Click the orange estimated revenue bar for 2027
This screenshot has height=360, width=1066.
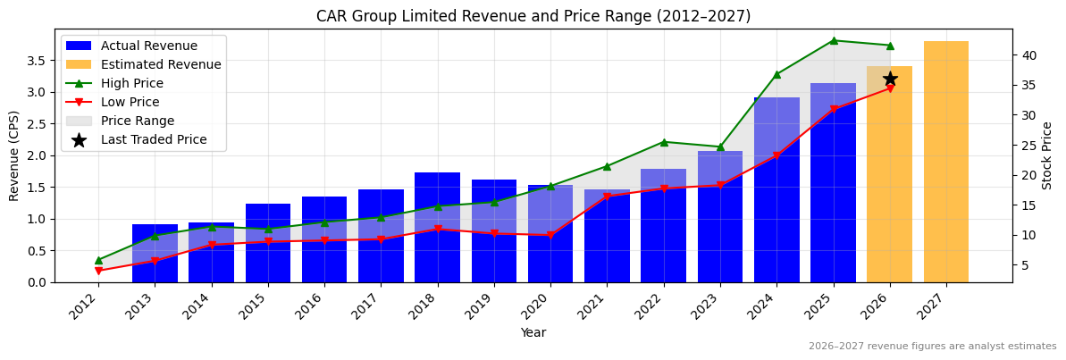[x=945, y=162]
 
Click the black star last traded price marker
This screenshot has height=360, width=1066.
[x=890, y=79]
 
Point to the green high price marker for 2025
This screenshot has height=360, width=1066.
[x=834, y=40]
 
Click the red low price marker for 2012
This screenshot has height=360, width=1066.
[x=98, y=271]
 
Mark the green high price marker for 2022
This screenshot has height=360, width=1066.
[x=664, y=142]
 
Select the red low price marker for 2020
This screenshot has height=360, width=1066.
[x=550, y=235]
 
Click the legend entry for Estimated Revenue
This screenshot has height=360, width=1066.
[x=160, y=64]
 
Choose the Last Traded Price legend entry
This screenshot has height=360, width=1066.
[x=153, y=139]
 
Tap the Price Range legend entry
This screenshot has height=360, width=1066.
[x=137, y=121]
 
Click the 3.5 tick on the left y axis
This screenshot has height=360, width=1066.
[x=37, y=61]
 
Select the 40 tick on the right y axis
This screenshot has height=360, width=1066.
[x=1029, y=55]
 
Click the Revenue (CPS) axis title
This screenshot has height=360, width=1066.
[x=14, y=155]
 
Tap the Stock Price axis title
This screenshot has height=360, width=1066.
[x=1048, y=155]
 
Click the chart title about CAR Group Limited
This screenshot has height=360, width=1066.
[x=533, y=16]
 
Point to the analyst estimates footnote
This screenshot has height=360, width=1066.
[x=932, y=347]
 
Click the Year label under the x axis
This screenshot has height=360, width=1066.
[x=533, y=333]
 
